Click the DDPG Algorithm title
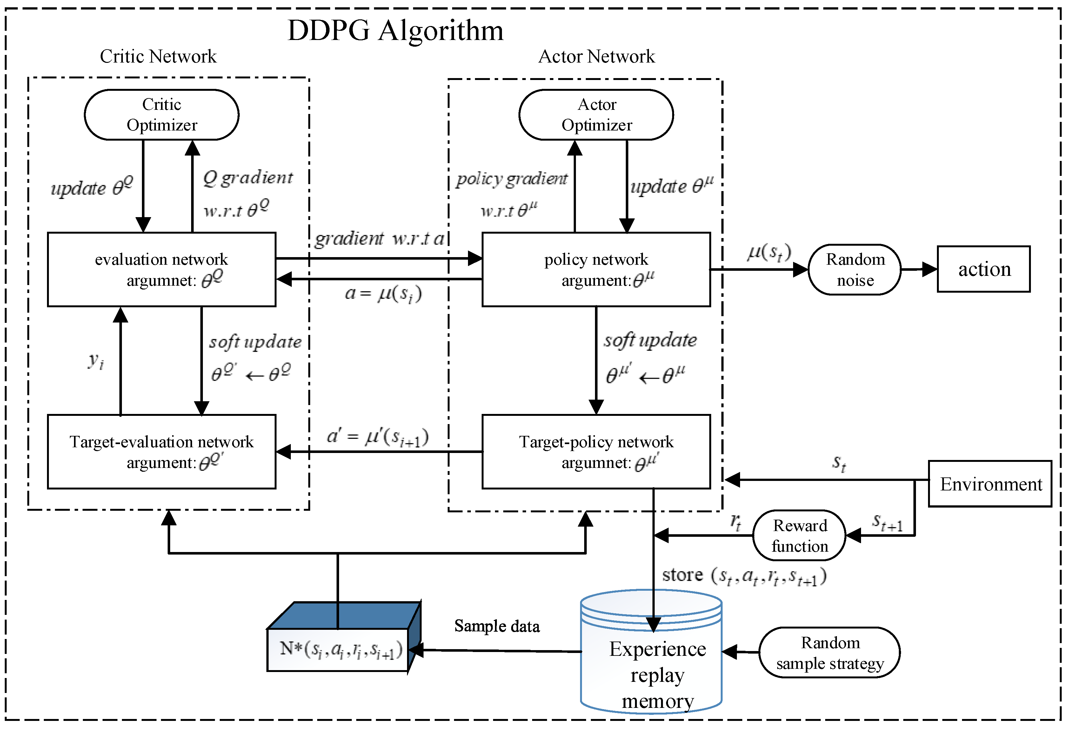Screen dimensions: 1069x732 pyautogui.click(x=395, y=31)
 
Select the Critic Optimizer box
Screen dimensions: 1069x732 pyautogui.click(x=162, y=115)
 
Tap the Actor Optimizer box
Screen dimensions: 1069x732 pyautogui.click(x=596, y=115)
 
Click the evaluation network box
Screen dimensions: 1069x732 pyautogui.click(x=162, y=270)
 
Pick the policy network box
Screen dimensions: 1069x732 pyautogui.click(x=596, y=270)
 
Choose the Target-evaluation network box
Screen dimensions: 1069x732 pyautogui.click(x=162, y=451)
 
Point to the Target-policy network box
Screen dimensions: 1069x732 pyautogui.click(x=596, y=451)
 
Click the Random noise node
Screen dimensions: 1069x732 pyautogui.click(x=855, y=270)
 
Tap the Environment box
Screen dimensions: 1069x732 pyautogui.click(x=990, y=484)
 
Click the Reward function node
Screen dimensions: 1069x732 pyautogui.click(x=799, y=535)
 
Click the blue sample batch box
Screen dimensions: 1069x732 pyautogui.click(x=344, y=637)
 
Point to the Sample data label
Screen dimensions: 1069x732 pyautogui.click(x=497, y=626)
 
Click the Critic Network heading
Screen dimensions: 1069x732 pyautogui.click(x=158, y=57)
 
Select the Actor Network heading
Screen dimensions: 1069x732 pyautogui.click(x=597, y=57)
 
